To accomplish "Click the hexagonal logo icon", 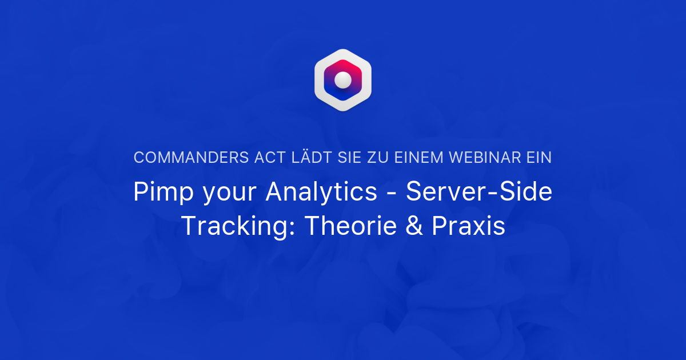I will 343,80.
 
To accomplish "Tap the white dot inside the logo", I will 343,79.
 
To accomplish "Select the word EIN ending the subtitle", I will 539,158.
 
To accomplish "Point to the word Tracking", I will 238,227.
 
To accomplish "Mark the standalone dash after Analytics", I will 392,194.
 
